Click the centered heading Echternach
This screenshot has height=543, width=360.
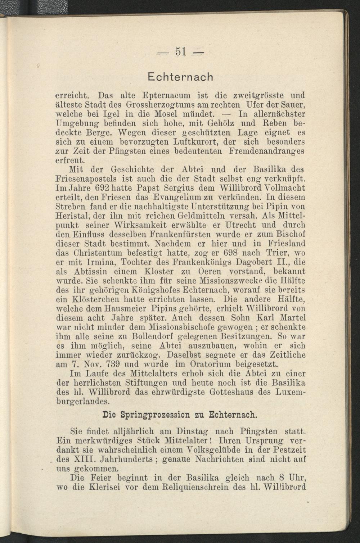[x=181, y=77]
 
